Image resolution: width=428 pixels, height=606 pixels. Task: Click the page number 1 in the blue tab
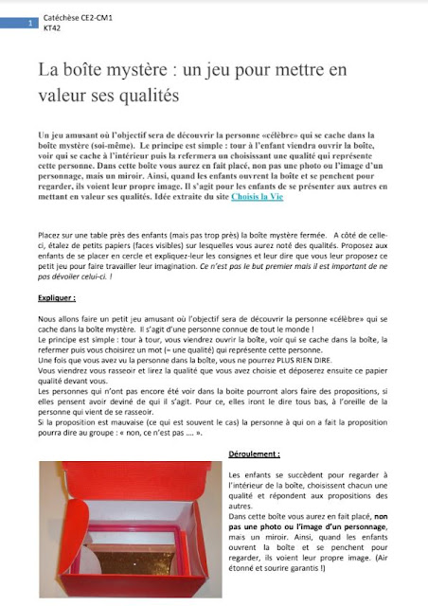[32, 21]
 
